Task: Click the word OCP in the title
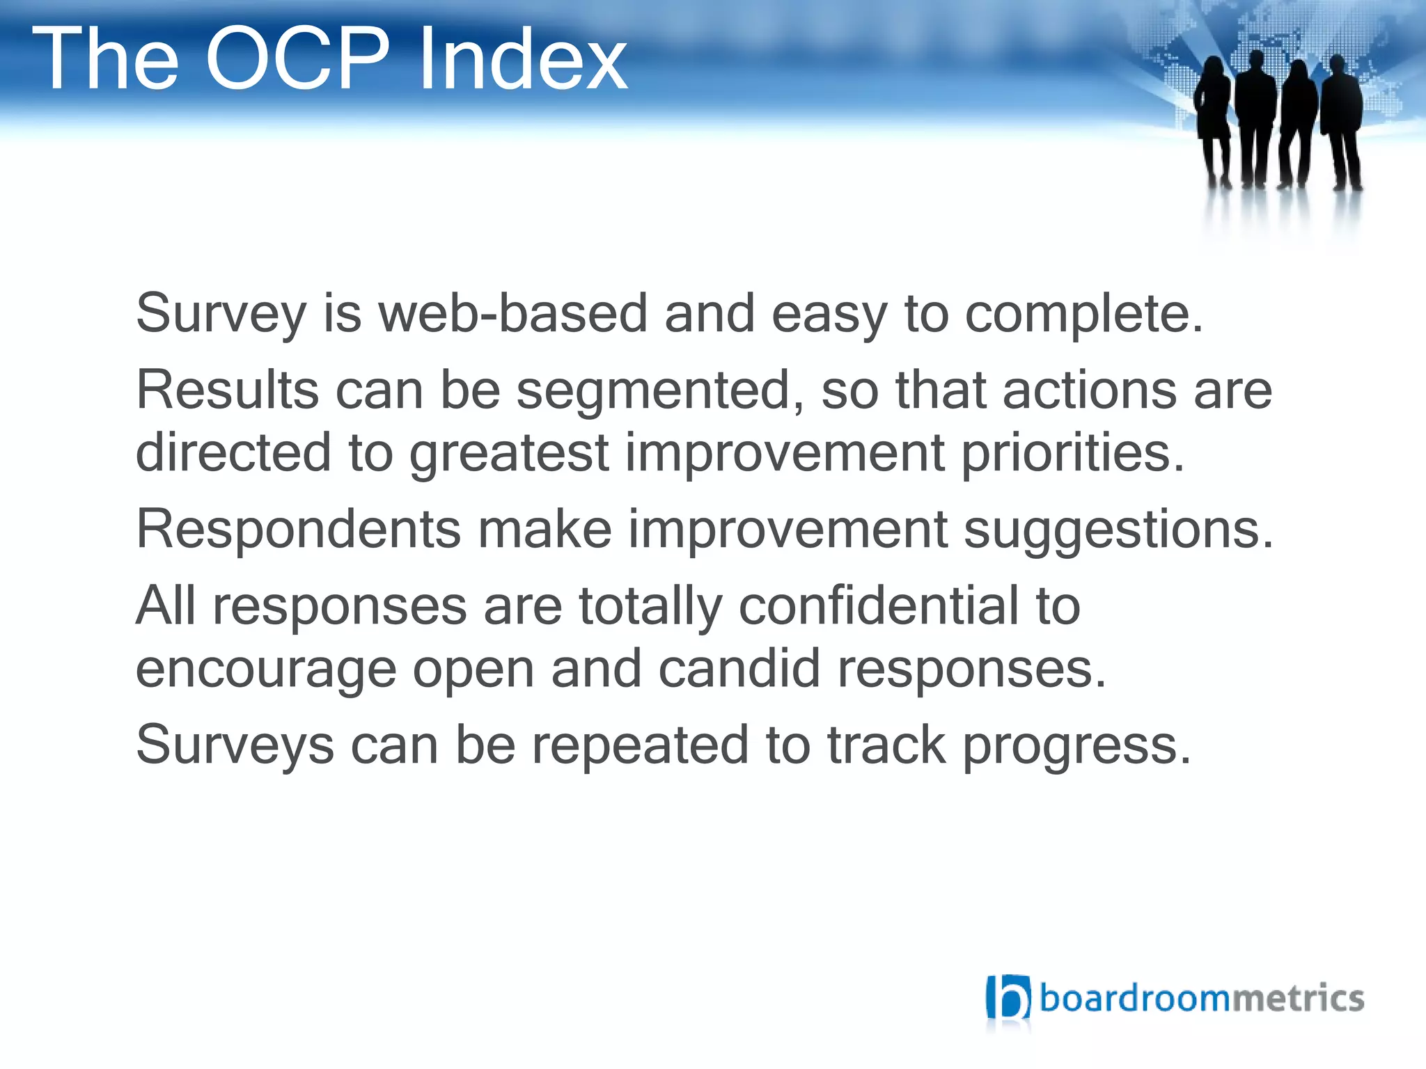pyautogui.click(x=297, y=59)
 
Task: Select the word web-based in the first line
pyautogui.click(x=512, y=314)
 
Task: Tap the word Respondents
pyautogui.click(x=298, y=530)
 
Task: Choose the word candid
pyautogui.click(x=739, y=670)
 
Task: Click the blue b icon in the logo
pyautogui.click(x=1008, y=998)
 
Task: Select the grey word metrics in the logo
pyautogui.click(x=1298, y=999)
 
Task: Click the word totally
pyautogui.click(x=650, y=607)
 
